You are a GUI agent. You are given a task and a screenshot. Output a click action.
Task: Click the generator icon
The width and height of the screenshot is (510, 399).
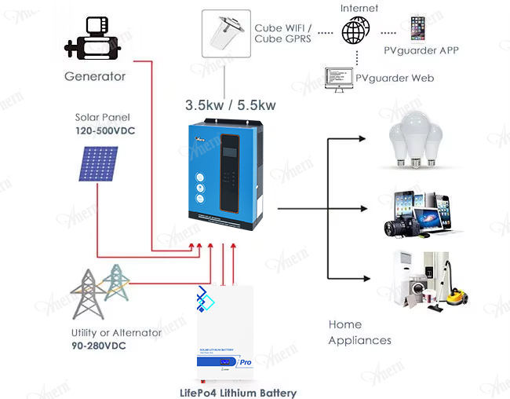(x=95, y=37)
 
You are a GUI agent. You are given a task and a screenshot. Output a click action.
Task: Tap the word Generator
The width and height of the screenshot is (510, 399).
(x=95, y=76)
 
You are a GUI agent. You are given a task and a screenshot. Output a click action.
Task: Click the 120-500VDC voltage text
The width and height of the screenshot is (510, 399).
(x=105, y=130)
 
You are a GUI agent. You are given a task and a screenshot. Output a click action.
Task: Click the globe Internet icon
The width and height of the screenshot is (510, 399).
(x=355, y=31)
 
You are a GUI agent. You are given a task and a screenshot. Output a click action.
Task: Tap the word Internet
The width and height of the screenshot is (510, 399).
(x=359, y=8)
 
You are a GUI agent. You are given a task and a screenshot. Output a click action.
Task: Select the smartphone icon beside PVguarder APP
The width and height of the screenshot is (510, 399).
(x=417, y=29)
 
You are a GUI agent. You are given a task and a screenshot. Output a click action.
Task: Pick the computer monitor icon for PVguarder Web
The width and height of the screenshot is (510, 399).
(x=338, y=77)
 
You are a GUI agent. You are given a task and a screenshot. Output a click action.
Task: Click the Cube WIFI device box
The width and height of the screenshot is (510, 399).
(x=226, y=33)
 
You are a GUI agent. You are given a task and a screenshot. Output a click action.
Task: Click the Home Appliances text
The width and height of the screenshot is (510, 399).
(x=359, y=332)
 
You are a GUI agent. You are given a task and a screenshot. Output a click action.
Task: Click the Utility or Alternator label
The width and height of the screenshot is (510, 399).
(x=116, y=332)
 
